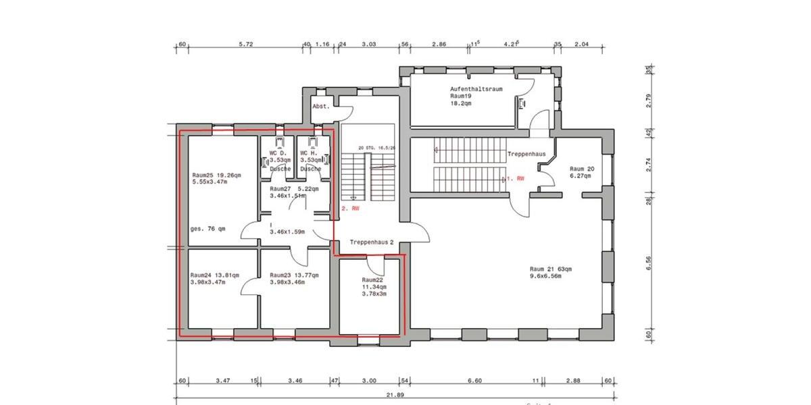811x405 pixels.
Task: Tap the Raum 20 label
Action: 581,169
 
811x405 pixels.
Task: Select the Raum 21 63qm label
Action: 551,269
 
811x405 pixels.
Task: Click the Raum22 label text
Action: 372,279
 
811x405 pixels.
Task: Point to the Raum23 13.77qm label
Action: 293,275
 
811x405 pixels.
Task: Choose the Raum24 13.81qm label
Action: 214,275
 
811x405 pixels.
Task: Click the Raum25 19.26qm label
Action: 216,175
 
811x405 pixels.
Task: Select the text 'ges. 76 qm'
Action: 208,229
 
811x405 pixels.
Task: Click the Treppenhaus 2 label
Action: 371,241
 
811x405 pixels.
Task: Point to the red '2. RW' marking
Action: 350,209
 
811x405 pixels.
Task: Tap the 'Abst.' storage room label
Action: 320,107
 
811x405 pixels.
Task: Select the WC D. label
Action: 278,153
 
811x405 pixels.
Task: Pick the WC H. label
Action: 309,153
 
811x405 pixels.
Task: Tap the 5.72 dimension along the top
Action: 246,44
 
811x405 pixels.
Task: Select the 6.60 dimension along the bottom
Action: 475,381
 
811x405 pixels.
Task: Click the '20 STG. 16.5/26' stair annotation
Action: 376,146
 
